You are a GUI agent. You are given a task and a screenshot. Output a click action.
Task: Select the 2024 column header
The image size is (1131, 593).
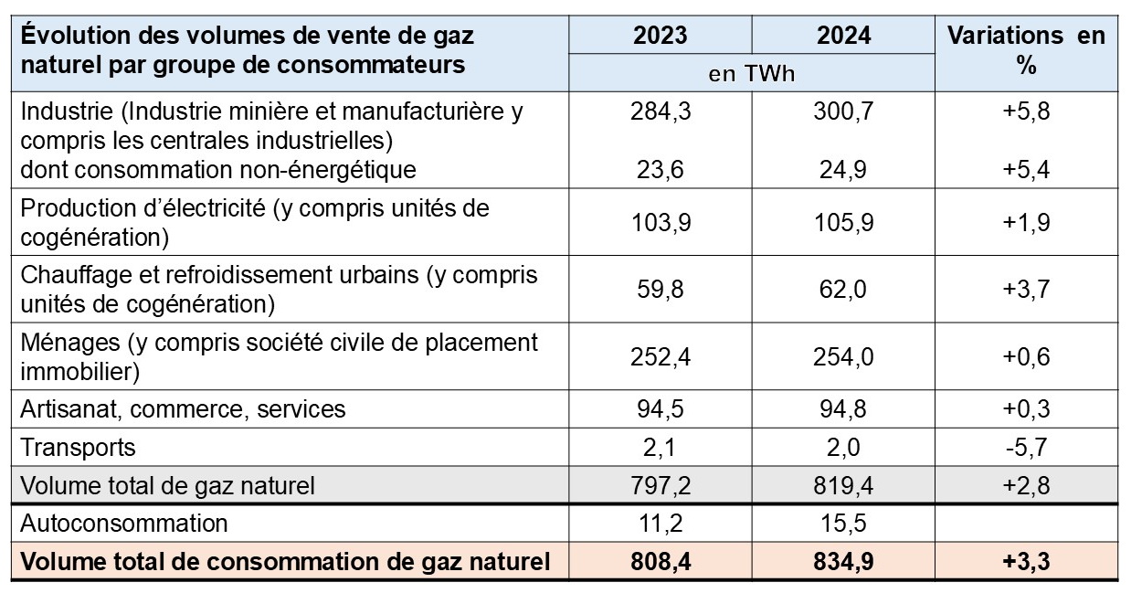pos(843,36)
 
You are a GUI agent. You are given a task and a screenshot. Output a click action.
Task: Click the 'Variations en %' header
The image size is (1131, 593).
pos(1026,51)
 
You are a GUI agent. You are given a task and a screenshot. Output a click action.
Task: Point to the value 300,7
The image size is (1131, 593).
pos(843,112)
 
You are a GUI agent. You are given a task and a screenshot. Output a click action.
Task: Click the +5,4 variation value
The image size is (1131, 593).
pos(1026,169)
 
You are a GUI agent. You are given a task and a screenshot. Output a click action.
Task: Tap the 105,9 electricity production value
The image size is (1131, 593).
pos(843,222)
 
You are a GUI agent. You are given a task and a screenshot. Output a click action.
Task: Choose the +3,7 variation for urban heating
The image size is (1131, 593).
pos(1026,290)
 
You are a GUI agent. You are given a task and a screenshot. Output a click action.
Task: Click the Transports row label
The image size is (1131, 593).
pos(78,447)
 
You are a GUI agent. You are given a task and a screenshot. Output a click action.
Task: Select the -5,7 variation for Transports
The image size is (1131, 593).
pos(1026,447)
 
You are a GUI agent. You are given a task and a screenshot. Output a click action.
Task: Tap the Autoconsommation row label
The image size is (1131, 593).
pos(123,524)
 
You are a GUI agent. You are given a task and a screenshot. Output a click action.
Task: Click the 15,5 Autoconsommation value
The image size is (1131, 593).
pos(843,524)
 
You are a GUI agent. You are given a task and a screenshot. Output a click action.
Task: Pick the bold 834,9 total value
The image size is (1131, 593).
pos(843,562)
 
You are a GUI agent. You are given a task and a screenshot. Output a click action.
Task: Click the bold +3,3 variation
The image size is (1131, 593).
pos(1026,562)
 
